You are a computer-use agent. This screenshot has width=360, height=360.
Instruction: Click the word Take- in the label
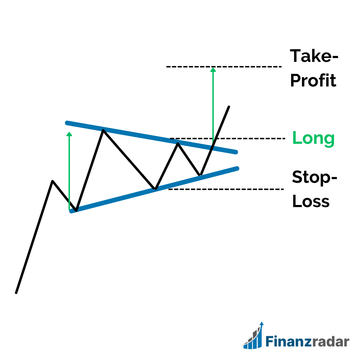[x=314, y=56]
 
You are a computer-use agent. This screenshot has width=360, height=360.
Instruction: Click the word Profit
[x=313, y=81]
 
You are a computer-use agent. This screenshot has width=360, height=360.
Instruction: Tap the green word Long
[x=313, y=138]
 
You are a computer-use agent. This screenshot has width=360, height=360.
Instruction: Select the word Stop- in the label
[x=315, y=177]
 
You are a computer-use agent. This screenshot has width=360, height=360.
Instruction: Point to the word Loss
[x=311, y=201]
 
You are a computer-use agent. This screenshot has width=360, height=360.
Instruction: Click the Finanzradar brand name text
[x=307, y=341]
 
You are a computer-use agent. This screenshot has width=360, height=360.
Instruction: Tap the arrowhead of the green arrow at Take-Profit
[x=213, y=70]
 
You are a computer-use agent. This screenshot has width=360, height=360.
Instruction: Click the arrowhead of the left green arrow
[x=69, y=134]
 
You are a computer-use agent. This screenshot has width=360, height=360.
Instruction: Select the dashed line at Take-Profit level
[x=224, y=67]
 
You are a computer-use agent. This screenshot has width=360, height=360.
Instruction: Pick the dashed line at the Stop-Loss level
[x=226, y=189]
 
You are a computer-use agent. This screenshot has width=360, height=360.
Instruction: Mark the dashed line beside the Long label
[x=227, y=139]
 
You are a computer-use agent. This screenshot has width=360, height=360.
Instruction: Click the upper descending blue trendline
[x=152, y=137]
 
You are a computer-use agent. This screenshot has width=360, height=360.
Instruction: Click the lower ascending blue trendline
[x=154, y=190]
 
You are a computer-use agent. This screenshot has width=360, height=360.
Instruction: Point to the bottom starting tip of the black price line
[x=16, y=293]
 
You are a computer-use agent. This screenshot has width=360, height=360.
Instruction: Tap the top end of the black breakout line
[x=229, y=107]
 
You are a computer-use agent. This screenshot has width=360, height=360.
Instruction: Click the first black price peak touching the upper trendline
[x=103, y=130]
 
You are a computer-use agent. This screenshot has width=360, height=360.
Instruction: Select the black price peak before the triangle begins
[x=53, y=181]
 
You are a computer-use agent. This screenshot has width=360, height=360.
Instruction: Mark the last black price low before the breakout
[x=200, y=175]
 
